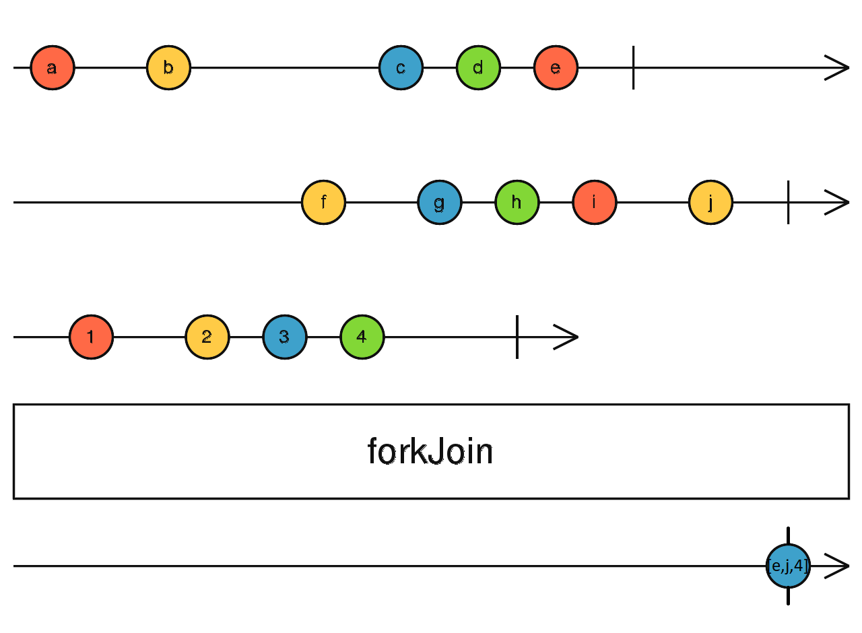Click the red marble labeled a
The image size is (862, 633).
click(53, 68)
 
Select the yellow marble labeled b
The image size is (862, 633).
click(168, 68)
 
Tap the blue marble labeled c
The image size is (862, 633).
click(401, 68)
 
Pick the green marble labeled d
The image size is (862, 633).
click(478, 68)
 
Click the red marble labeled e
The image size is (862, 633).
click(556, 68)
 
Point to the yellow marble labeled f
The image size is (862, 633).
click(323, 202)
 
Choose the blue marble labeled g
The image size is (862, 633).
click(439, 202)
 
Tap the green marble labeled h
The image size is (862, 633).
click(517, 202)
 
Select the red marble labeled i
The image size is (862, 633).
click(594, 202)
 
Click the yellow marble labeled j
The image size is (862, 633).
click(710, 202)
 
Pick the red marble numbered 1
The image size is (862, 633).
click(91, 337)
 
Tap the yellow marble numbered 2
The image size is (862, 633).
click(207, 337)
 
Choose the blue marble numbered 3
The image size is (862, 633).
click(284, 337)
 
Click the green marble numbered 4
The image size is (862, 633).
click(362, 337)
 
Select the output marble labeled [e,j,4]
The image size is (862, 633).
click(788, 566)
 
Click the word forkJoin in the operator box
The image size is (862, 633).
click(430, 451)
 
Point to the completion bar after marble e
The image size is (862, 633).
click(633, 68)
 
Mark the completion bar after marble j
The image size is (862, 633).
click(788, 202)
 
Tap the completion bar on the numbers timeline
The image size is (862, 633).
click(517, 337)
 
